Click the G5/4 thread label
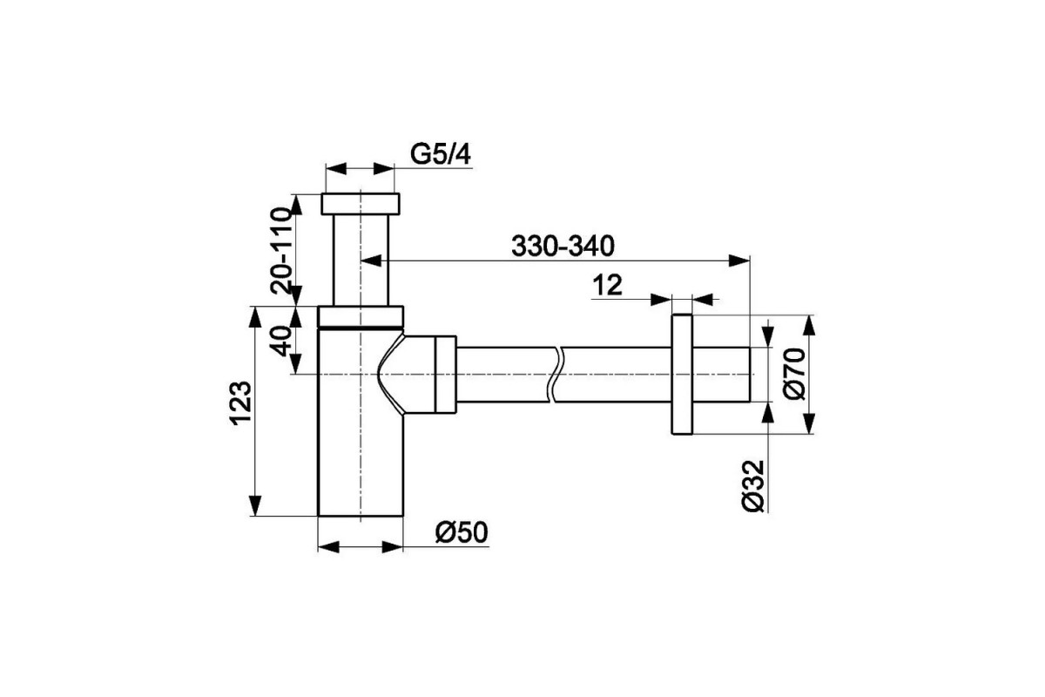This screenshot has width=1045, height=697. (x=441, y=154)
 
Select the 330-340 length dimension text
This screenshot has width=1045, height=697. (x=563, y=246)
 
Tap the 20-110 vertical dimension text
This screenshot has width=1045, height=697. (x=280, y=250)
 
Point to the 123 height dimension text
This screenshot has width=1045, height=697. (x=241, y=402)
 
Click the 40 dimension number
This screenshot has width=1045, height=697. (x=280, y=342)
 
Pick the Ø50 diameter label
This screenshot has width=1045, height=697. (x=462, y=532)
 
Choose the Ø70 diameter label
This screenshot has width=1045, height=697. (x=795, y=374)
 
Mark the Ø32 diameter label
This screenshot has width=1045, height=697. (x=753, y=486)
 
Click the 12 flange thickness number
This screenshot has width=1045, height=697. (x=608, y=285)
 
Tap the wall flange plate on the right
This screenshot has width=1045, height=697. (x=682, y=375)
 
